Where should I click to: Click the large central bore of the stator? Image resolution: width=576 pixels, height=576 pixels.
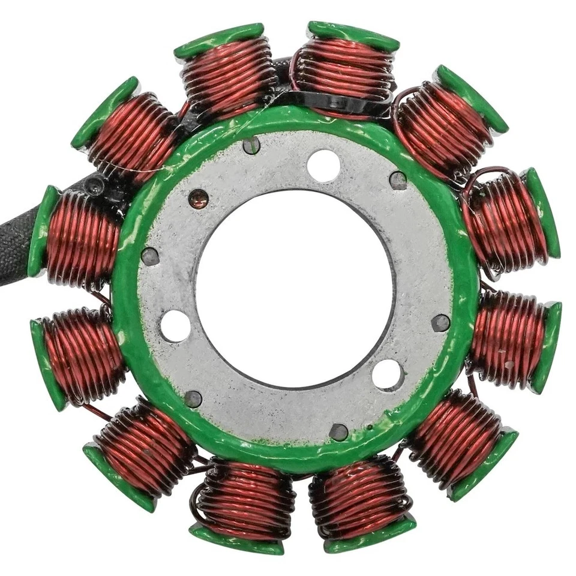(x=294, y=288)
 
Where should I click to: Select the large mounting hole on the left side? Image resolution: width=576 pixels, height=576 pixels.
(x=175, y=326)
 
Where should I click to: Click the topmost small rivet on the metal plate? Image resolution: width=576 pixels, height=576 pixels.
(x=252, y=145)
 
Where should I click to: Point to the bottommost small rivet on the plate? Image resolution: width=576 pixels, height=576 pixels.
(x=338, y=431)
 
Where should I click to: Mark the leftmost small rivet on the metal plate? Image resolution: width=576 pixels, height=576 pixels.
(x=149, y=256)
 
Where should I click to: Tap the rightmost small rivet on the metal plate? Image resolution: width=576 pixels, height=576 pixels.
(x=440, y=323)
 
